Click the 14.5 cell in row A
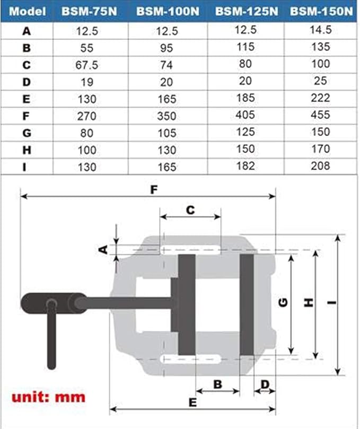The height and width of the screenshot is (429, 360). click(x=320, y=30)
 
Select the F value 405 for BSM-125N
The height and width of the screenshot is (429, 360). click(x=244, y=115)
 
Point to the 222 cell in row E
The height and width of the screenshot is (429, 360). click(x=320, y=98)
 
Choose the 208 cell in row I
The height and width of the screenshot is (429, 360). click(x=320, y=165)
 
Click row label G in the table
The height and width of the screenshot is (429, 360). click(x=27, y=133)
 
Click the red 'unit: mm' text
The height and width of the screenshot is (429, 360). click(x=49, y=396)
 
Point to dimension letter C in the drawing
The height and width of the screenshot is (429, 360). click(x=190, y=209)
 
